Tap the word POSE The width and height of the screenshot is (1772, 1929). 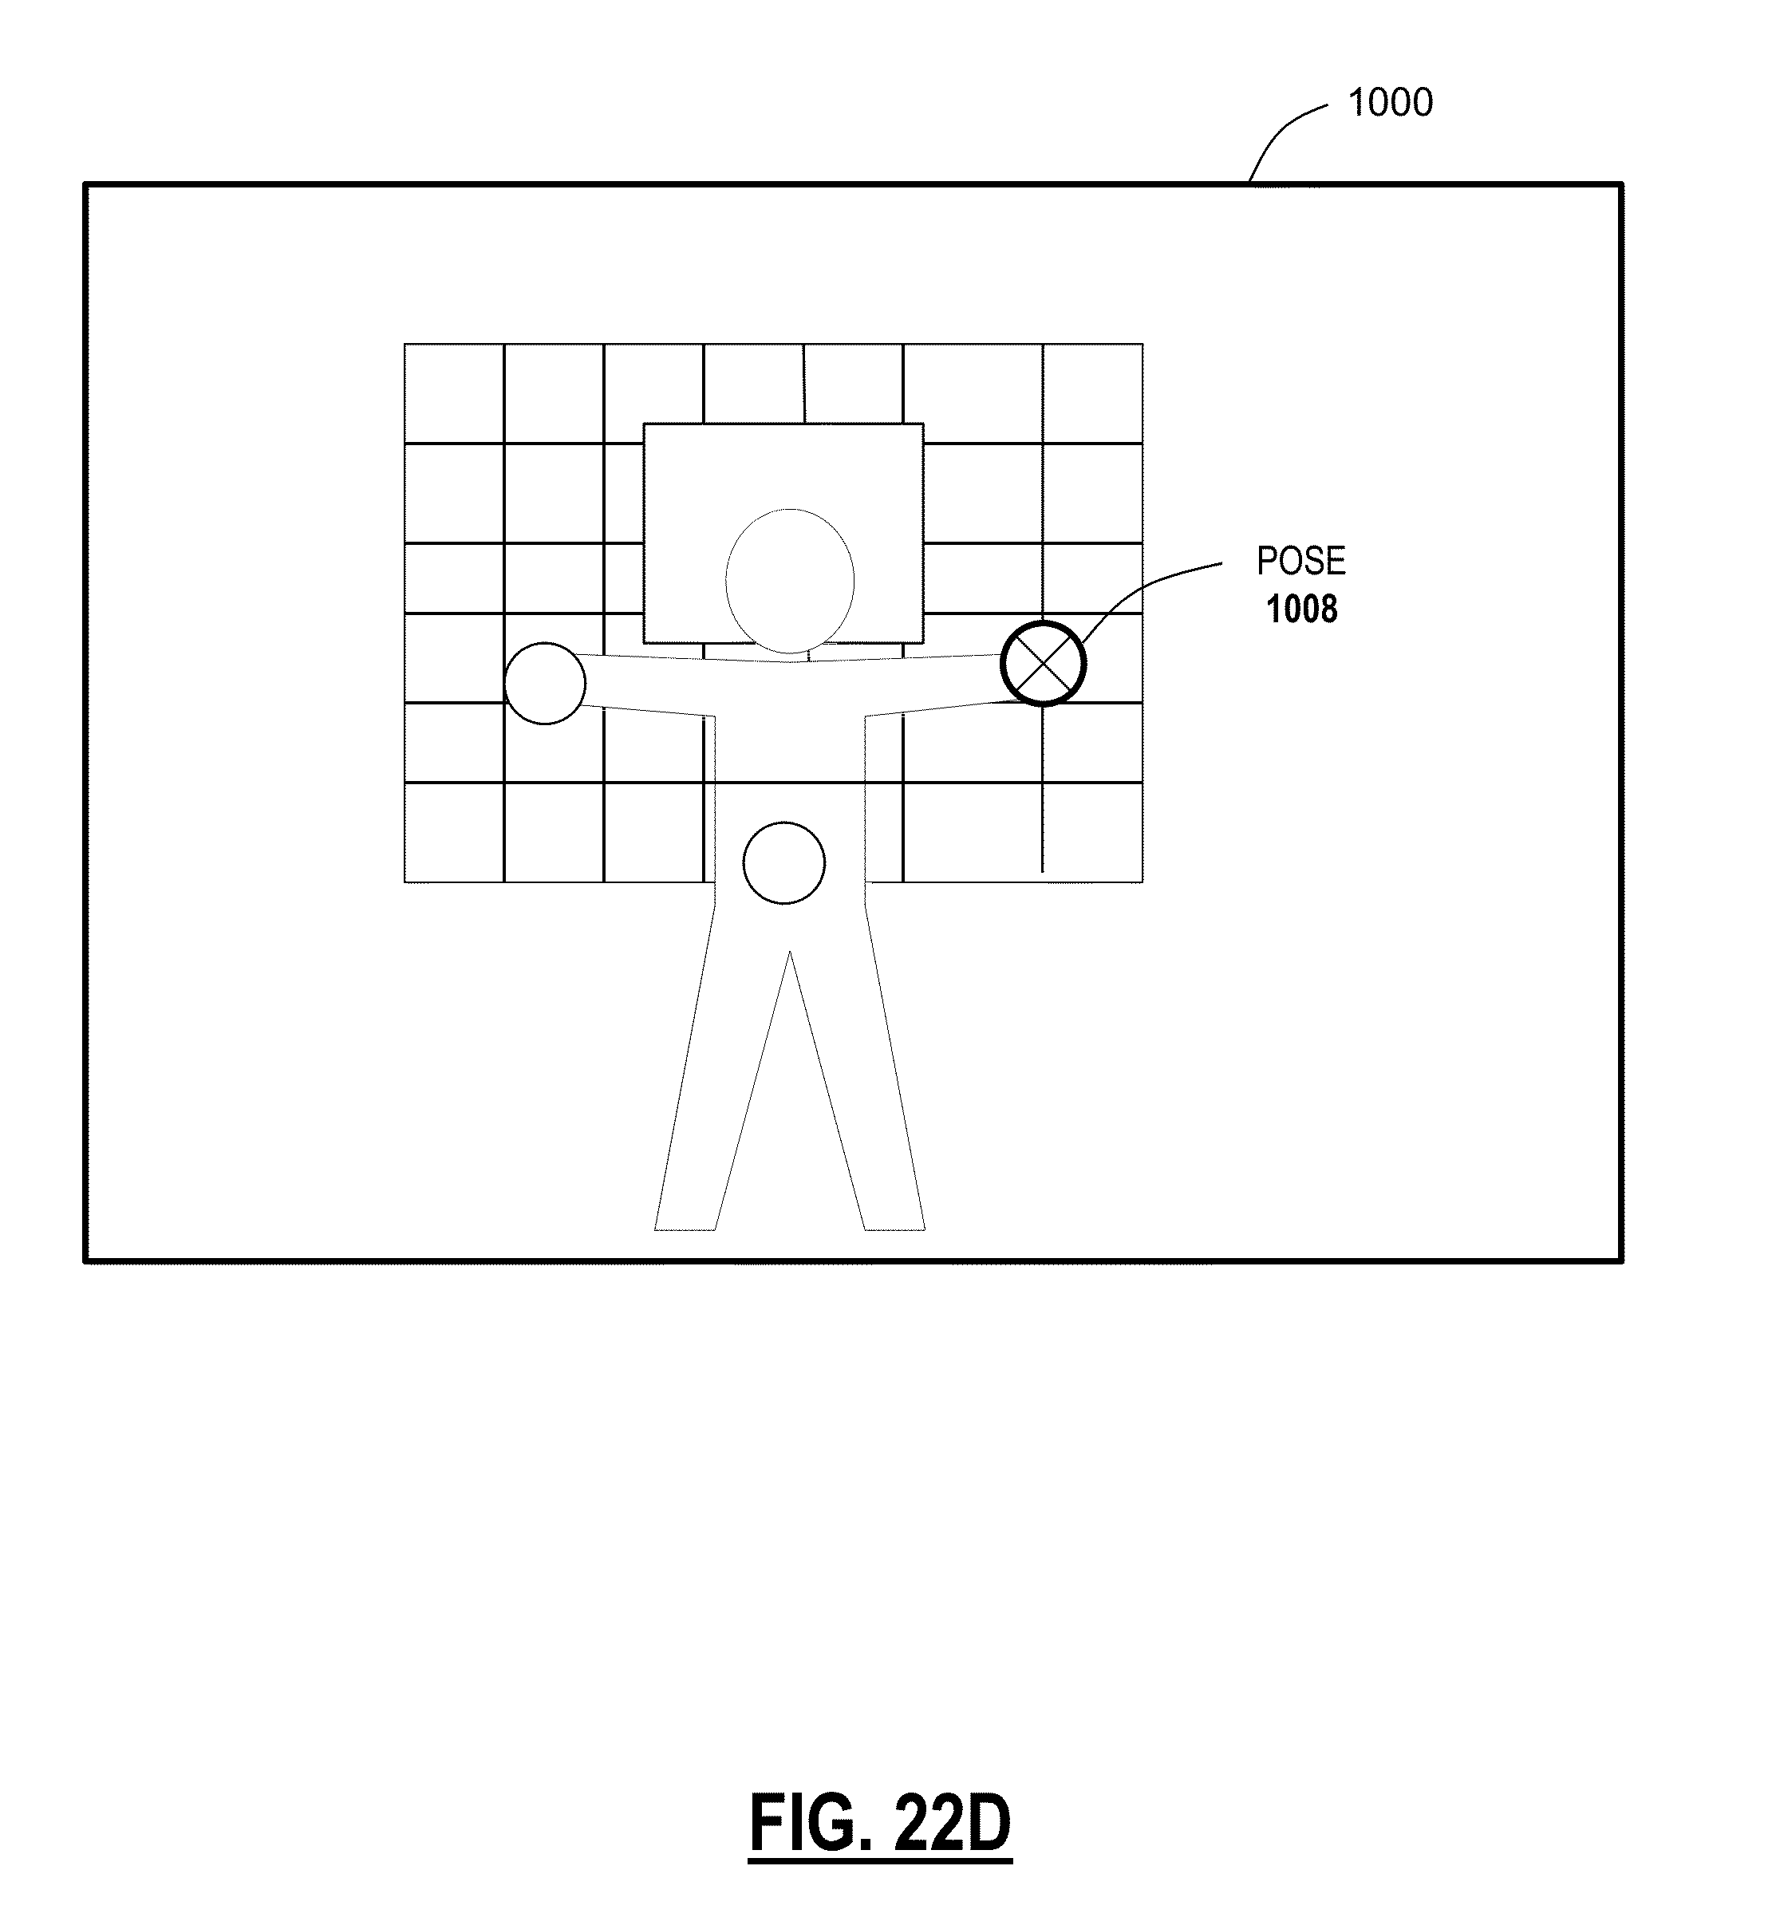tap(1300, 561)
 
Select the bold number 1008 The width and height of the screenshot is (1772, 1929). tap(1301, 609)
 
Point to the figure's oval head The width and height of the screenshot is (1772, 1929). tap(789, 580)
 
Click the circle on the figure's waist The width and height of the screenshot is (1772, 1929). tap(783, 863)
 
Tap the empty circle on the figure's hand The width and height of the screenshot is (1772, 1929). tap(545, 684)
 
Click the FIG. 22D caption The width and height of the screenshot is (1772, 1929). tap(879, 1826)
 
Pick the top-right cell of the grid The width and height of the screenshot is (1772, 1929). tap(1092, 393)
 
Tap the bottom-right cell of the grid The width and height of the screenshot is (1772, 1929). tap(1092, 832)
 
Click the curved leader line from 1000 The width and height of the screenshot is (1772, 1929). tap(1285, 129)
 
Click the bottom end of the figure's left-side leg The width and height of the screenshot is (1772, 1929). tap(685, 1227)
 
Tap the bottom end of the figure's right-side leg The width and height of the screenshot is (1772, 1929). tap(894, 1227)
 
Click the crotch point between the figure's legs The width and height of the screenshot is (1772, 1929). tap(789, 954)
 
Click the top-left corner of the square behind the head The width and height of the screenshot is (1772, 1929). tap(645, 424)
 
